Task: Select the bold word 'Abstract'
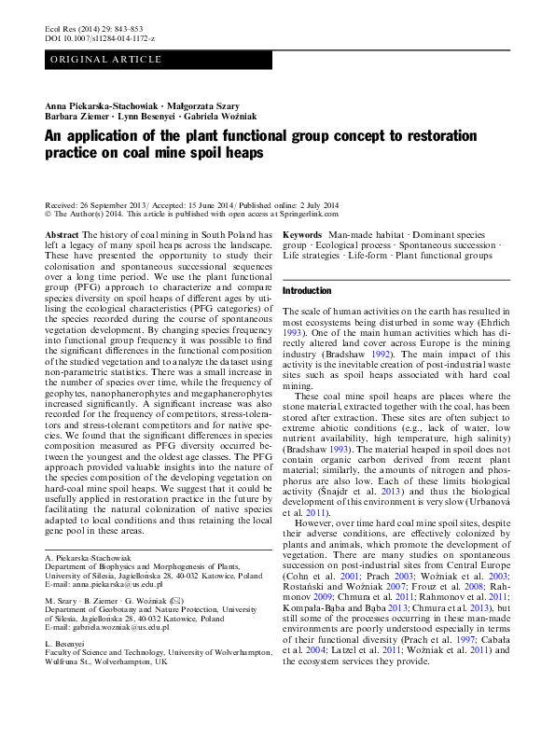coord(62,233)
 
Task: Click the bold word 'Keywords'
coord(302,233)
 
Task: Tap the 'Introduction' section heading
coord(307,291)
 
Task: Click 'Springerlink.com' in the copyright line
coord(306,214)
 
